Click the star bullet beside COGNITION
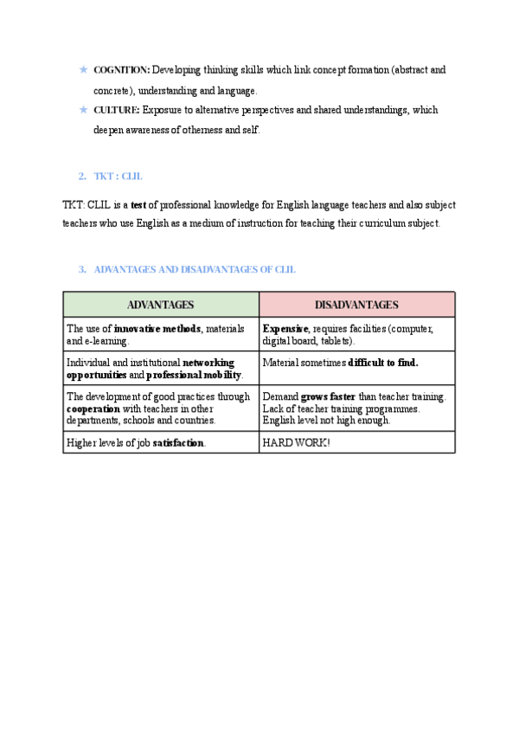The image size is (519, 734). pyautogui.click(x=83, y=69)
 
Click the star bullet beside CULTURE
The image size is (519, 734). pyautogui.click(x=83, y=110)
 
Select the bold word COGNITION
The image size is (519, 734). pyautogui.click(x=121, y=69)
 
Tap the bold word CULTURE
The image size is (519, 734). pyautogui.click(x=116, y=110)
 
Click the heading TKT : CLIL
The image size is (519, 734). pyautogui.click(x=118, y=176)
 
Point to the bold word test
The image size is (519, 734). pyautogui.click(x=139, y=205)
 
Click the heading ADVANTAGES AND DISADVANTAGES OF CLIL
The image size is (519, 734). pyautogui.click(x=194, y=270)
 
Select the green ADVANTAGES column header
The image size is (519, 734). pyautogui.click(x=160, y=305)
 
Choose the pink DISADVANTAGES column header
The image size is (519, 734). pyautogui.click(x=356, y=305)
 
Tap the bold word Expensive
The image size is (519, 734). pyautogui.click(x=285, y=329)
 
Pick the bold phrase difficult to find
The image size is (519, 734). pyautogui.click(x=382, y=363)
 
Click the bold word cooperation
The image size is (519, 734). pyautogui.click(x=93, y=409)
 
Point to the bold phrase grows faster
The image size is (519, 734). pyautogui.click(x=328, y=396)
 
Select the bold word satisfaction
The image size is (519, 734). pyautogui.click(x=179, y=442)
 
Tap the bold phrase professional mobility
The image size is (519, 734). pyautogui.click(x=195, y=375)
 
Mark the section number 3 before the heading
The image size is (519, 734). pyautogui.click(x=82, y=270)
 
